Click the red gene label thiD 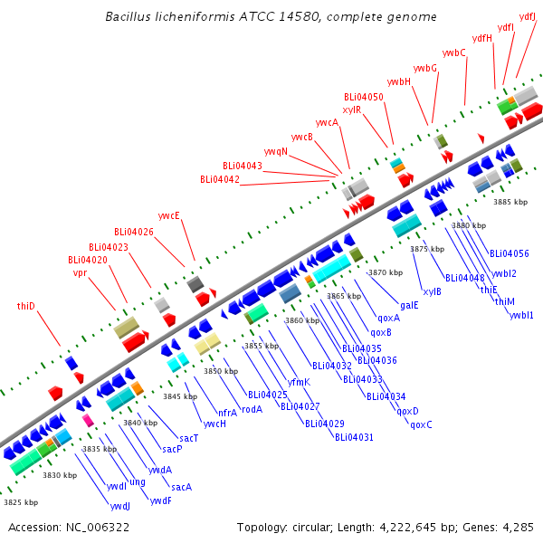tap(26, 306)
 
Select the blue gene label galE tap(409, 306)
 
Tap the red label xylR tap(352, 110)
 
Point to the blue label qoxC tap(421, 424)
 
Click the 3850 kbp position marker tap(221, 371)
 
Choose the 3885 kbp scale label tap(510, 202)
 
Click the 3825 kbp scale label tap(21, 502)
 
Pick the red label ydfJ tap(528, 16)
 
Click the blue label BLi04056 tap(510, 253)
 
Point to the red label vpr tap(80, 273)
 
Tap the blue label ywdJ tap(120, 506)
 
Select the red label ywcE tap(169, 215)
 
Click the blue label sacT tap(189, 438)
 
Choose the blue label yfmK tap(299, 382)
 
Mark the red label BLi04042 tap(220, 179)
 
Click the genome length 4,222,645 tap(408, 527)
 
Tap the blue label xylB tap(433, 291)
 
